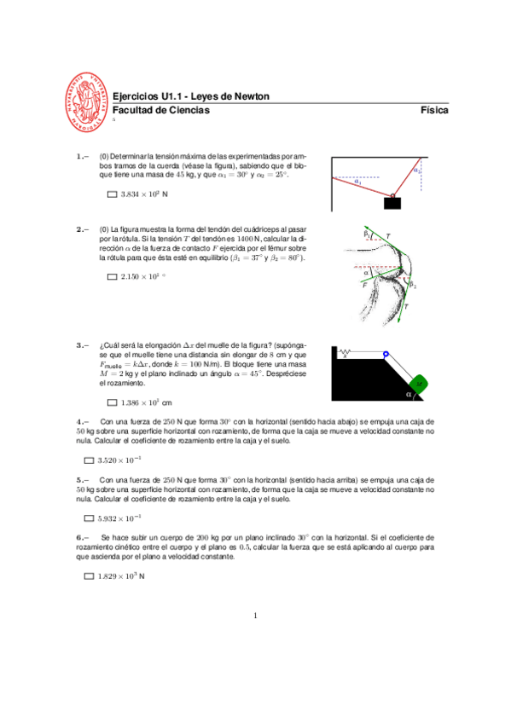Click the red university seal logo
tap(88, 102)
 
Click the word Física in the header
tap(434, 111)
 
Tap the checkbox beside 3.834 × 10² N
tap(112, 195)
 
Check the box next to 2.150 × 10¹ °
tap(112, 277)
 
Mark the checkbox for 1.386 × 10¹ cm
tap(112, 402)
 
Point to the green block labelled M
tap(421, 385)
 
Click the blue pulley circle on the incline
tap(386, 354)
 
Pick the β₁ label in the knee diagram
tap(366, 233)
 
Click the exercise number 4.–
tap(82, 421)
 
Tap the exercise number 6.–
tap(82, 538)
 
